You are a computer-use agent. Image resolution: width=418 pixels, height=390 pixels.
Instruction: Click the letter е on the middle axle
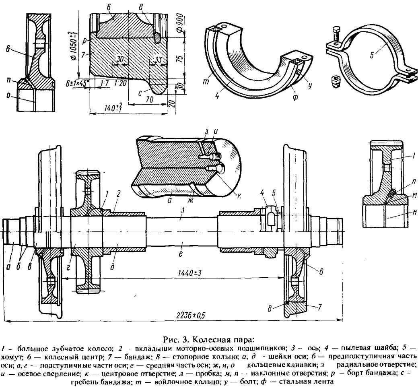pos(181,243)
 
